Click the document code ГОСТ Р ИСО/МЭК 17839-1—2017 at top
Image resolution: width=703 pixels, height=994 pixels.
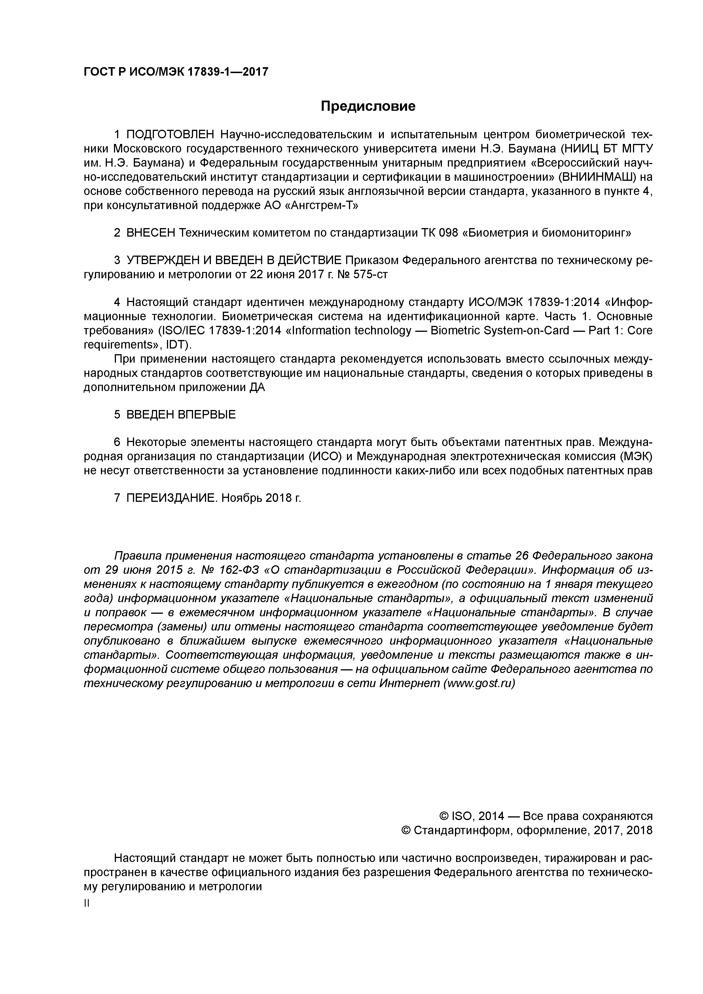[x=176, y=71]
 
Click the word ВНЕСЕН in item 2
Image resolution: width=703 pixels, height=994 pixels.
[x=150, y=233]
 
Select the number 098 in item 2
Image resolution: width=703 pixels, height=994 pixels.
[x=446, y=233]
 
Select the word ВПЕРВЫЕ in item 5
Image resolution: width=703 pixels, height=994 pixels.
[x=207, y=415]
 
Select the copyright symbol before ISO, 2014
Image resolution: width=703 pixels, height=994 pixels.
[x=444, y=817]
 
